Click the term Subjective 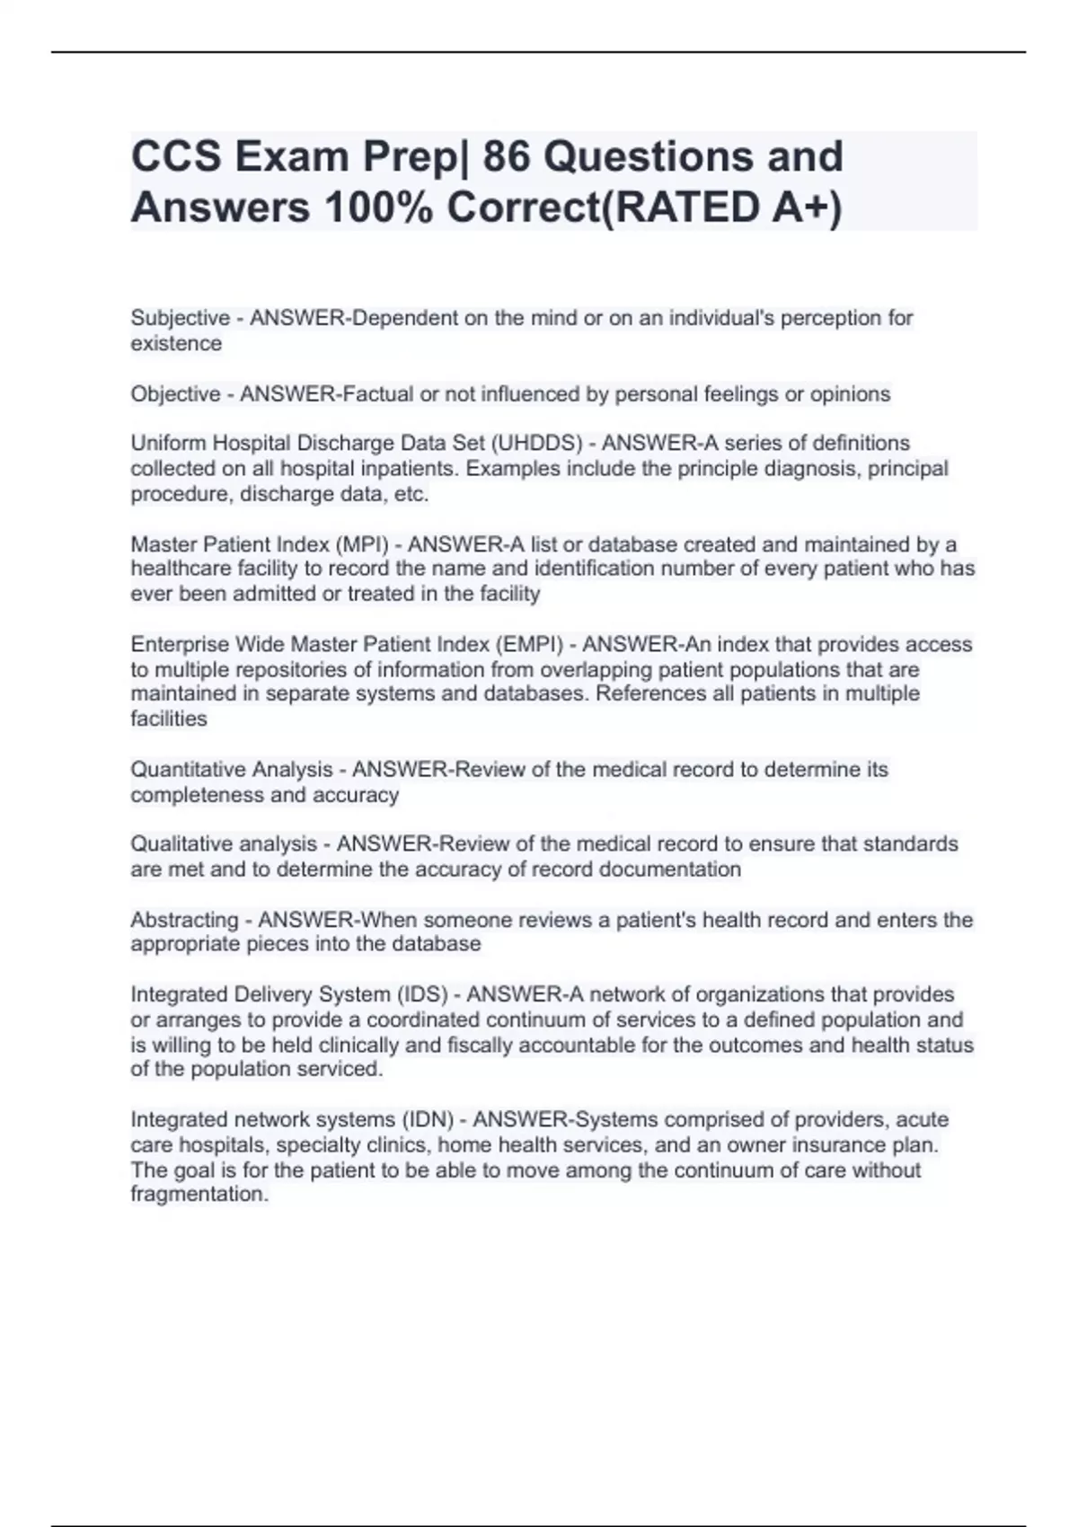(x=180, y=318)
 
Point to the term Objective (x=175, y=394)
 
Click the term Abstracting (x=184, y=920)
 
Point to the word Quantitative (x=187, y=770)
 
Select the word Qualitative (x=179, y=844)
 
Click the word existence (x=176, y=344)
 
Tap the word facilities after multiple (x=169, y=719)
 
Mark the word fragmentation (x=199, y=1195)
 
